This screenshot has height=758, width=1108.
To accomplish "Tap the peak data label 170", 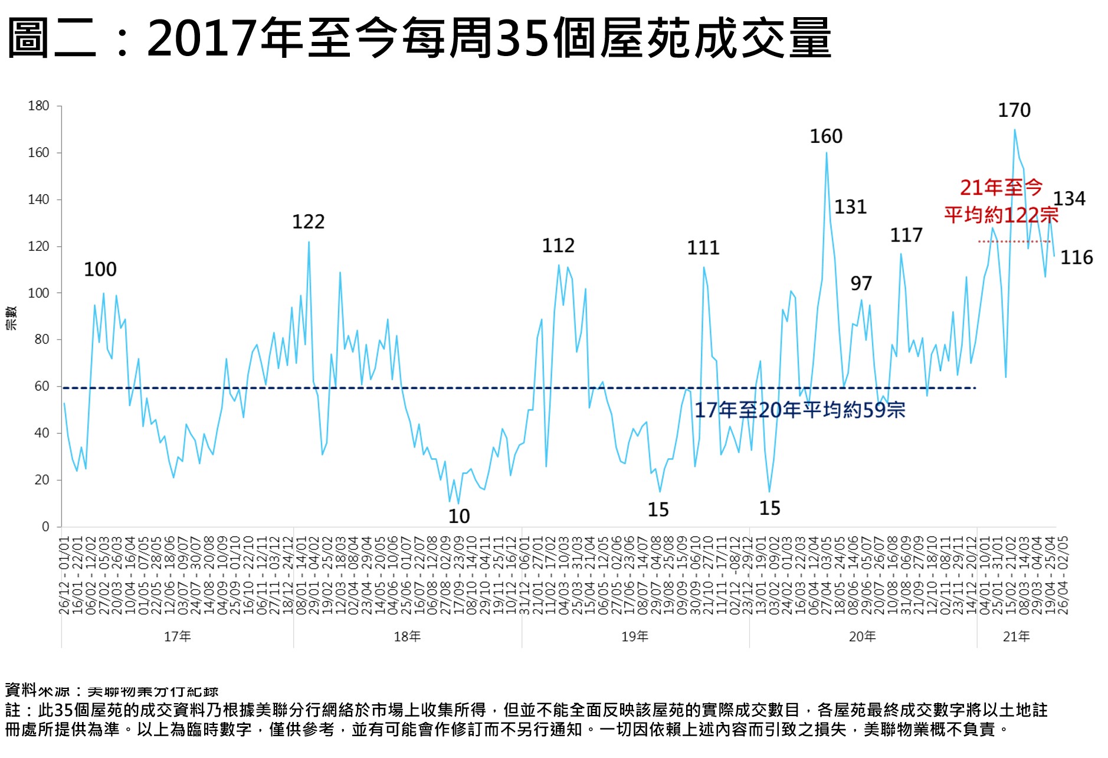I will click(x=1014, y=110).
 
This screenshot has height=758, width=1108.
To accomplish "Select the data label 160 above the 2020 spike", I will click(x=825, y=136).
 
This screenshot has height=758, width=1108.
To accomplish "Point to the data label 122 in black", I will click(x=308, y=222).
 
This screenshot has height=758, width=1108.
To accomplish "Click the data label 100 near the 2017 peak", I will click(x=100, y=270).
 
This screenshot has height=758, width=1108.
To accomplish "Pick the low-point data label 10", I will click(x=458, y=517).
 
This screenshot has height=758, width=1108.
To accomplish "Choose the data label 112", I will click(x=558, y=246).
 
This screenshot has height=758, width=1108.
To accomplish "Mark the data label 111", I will click(x=703, y=248).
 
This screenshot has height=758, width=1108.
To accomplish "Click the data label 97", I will click(x=860, y=284).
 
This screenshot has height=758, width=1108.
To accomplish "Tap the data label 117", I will click(x=906, y=236).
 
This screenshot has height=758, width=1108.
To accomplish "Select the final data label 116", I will click(x=1076, y=258).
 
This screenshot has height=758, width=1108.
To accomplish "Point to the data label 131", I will click(x=850, y=207).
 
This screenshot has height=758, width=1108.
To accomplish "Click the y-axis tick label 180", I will click(x=38, y=106).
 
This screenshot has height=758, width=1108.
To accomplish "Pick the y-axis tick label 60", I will click(x=42, y=387).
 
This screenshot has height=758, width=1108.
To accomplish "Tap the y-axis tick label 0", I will click(x=45, y=527).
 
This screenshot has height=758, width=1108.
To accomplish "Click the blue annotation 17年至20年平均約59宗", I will click(x=799, y=410).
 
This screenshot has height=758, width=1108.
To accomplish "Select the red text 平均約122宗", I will click(x=1001, y=215).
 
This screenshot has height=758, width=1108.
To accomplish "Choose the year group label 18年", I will click(x=407, y=636).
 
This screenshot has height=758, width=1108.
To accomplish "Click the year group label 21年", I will click(x=1016, y=636).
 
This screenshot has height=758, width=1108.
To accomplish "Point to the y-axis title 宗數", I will click(x=11, y=318).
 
